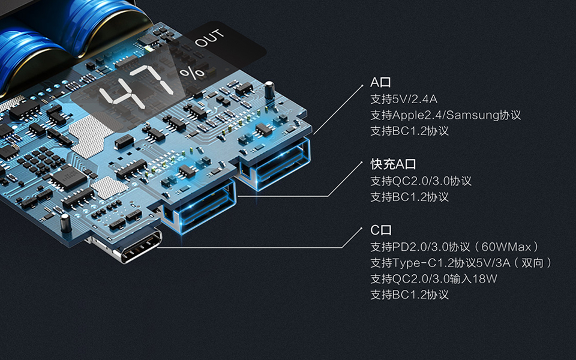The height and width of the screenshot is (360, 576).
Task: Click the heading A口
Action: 380,83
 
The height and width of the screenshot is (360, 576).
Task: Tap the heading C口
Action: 380,230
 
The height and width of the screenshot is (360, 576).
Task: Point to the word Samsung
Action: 472,115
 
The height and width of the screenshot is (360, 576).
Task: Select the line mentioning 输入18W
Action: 434,278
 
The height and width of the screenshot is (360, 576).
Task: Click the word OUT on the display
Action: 211,38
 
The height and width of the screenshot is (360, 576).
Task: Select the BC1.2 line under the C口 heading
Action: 409,295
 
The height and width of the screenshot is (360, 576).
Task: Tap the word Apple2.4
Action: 417,115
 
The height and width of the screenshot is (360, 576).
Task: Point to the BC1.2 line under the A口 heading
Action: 409,131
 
